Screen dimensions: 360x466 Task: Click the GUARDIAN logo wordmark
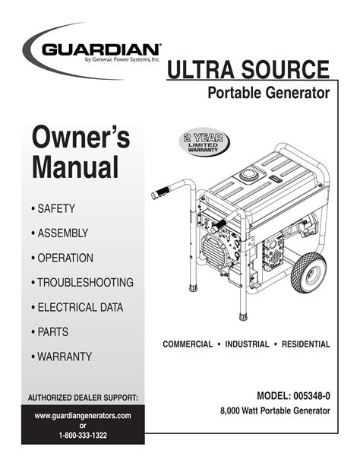pyautogui.click(x=101, y=49)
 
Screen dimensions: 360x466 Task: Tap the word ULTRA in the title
pyautogui.click(x=201, y=69)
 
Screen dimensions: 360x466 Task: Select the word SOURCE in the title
pyautogui.click(x=285, y=69)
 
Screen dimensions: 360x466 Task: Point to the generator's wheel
pyautogui.click(x=308, y=272)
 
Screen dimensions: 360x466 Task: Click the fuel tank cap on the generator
pyautogui.click(x=250, y=175)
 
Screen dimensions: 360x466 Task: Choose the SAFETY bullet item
pyautogui.click(x=53, y=208)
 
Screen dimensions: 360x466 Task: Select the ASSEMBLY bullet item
pyautogui.click(x=59, y=233)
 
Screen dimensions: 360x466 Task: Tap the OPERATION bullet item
pyautogui.click(x=62, y=258)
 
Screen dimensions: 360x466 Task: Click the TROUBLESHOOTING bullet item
pyautogui.click(x=82, y=282)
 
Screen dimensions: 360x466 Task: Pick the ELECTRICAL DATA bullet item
pyautogui.click(x=77, y=307)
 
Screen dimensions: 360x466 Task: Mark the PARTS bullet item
pyautogui.click(x=49, y=332)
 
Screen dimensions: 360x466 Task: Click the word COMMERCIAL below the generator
pyautogui.click(x=188, y=344)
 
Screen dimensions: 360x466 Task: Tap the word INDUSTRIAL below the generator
pyautogui.click(x=247, y=344)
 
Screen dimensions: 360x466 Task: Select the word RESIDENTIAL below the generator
pyautogui.click(x=305, y=344)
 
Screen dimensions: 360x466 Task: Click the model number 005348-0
pyautogui.click(x=311, y=396)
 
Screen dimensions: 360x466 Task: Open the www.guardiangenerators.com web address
pyautogui.click(x=83, y=416)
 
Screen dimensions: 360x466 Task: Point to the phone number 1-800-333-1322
pyautogui.click(x=83, y=436)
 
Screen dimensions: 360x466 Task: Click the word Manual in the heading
pyautogui.click(x=75, y=166)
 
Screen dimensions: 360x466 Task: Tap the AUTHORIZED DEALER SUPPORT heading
pyautogui.click(x=83, y=398)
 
